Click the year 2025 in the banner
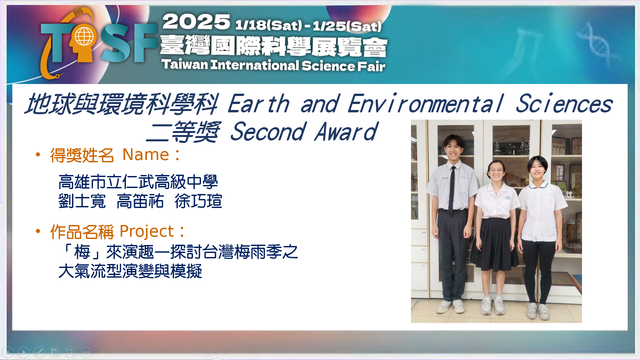pyautogui.click(x=196, y=22)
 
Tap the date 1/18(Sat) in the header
pyautogui.click(x=269, y=25)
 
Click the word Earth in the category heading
pyautogui.click(x=259, y=104)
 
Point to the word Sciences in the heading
pyautogui.click(x=564, y=104)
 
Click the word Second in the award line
pyautogui.click(x=268, y=131)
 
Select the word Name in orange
pyautogui.click(x=146, y=155)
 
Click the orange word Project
pyautogui.click(x=147, y=232)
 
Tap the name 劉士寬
pyautogui.click(x=82, y=201)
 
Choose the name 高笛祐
pyautogui.click(x=140, y=201)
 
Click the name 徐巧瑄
pyautogui.click(x=198, y=201)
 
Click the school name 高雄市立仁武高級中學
pyautogui.click(x=138, y=182)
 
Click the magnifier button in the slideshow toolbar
pyautogui.click(x=70, y=352)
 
